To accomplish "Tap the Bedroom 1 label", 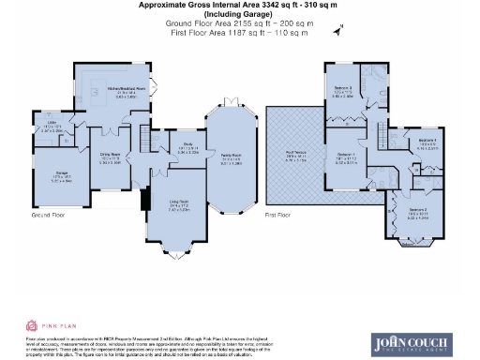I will [346, 157].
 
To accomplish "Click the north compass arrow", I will [336, 31].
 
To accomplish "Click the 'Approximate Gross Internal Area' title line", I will [237, 5].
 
